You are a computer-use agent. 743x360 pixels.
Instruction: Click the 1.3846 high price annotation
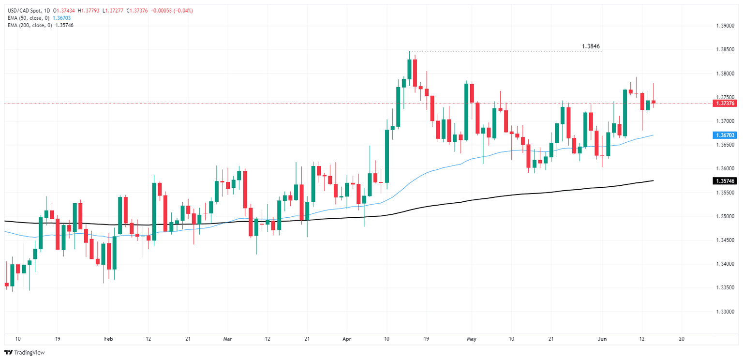[x=591, y=46]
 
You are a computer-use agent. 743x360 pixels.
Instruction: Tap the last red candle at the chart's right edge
[x=654, y=102]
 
